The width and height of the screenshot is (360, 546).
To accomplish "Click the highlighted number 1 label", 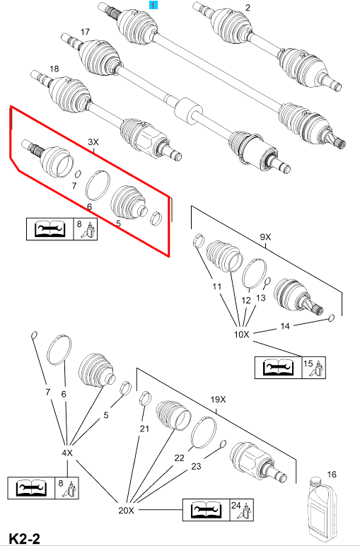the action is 153,5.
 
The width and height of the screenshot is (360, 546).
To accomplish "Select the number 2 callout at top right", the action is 248,7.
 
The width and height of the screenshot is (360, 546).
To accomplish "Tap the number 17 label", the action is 85,32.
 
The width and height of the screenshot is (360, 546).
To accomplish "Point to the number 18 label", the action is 54,69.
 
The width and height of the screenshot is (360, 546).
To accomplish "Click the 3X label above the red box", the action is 93,142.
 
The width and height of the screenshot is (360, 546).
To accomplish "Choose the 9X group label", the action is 265,237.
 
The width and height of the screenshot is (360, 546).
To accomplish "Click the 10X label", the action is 242,335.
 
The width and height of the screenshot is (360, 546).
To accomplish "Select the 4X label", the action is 67,453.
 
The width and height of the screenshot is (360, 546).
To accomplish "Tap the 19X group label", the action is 219,400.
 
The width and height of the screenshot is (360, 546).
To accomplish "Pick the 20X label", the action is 126,511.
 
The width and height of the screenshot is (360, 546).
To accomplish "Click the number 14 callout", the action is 285,326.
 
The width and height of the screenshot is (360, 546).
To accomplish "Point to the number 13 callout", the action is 260,298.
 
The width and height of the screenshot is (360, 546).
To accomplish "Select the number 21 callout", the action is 144,429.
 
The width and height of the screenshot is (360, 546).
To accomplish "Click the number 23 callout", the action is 196,466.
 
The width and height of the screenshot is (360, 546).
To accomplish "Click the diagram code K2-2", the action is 24,538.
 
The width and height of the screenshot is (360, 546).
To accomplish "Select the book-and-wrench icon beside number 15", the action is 278,368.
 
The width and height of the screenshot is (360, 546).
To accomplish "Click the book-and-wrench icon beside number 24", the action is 206,510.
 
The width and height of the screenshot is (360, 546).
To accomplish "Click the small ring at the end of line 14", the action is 332,318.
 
